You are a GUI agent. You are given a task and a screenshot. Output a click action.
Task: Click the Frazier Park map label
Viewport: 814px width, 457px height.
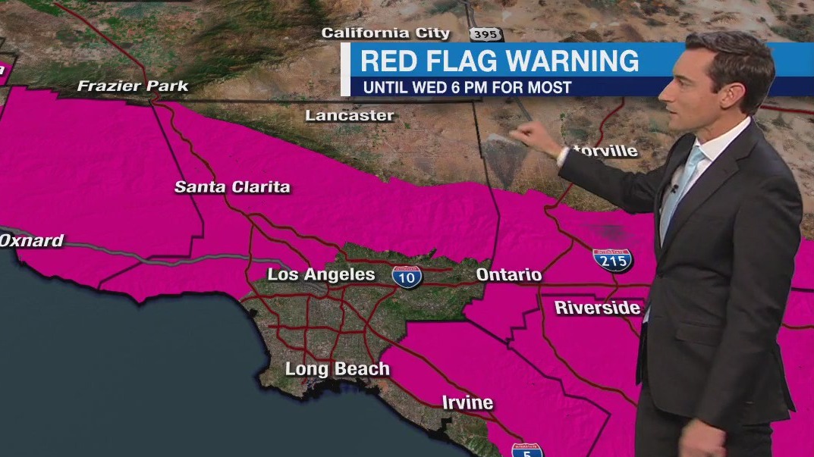click(133, 86)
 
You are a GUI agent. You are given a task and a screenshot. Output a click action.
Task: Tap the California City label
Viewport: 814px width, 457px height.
click(385, 33)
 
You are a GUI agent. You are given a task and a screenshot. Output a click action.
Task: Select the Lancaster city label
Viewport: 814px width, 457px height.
click(350, 116)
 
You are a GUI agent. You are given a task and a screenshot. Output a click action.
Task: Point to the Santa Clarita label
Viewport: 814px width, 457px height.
click(232, 186)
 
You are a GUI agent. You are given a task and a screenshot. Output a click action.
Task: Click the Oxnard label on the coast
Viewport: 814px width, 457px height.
click(32, 241)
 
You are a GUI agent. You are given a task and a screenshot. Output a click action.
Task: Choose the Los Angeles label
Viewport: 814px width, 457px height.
click(322, 274)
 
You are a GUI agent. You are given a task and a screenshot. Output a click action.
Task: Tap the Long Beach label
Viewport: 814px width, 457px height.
click(337, 369)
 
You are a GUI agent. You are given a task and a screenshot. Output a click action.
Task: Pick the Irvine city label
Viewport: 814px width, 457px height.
click(467, 402)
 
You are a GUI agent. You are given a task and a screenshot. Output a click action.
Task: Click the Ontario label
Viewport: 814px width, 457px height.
click(509, 274)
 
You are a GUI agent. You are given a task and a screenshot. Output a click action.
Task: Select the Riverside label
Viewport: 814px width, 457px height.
click(598, 308)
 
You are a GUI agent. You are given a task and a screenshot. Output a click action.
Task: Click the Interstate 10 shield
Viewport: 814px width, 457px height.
click(407, 276)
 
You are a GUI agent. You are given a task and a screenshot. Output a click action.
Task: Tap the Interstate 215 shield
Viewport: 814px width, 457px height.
click(613, 261)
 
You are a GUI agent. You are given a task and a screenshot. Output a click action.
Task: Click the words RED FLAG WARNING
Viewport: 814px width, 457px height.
click(499, 61)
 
